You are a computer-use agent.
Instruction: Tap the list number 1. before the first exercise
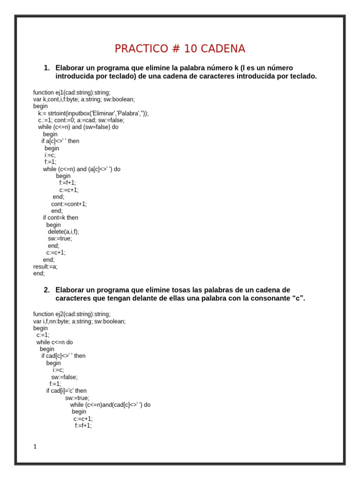46,68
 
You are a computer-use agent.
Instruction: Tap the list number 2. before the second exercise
46,290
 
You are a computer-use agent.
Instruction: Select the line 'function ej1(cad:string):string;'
72,93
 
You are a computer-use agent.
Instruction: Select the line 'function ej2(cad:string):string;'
72,315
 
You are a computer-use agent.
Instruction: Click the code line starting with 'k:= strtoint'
93,113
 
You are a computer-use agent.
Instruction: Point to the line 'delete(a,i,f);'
63,232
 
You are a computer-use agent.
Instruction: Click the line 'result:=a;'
45,267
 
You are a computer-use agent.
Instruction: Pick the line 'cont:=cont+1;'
69,204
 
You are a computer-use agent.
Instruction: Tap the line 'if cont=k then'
60,217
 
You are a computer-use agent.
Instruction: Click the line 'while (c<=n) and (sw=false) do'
78,127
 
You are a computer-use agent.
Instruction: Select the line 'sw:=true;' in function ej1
60,239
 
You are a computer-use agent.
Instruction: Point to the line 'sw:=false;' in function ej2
64,377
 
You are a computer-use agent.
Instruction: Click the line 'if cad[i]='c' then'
66,391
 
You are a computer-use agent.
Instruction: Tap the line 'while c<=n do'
54,342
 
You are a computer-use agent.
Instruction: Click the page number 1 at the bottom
35,447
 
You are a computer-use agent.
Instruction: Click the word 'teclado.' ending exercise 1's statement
302,76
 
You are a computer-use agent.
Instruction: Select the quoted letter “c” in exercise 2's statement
298,299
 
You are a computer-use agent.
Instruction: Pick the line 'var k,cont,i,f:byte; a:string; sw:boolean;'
84,99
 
